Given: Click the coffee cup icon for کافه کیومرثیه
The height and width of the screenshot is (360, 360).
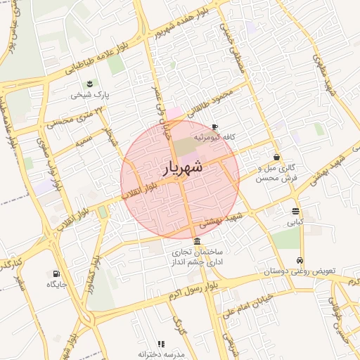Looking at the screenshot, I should pyautogui.click(x=214, y=127).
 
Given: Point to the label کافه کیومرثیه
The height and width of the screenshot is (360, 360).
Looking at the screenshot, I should pyautogui.click(x=214, y=138).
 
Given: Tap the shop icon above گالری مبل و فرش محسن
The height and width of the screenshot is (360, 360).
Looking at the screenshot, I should pyautogui.click(x=277, y=157).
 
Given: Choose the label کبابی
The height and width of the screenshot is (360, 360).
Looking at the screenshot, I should pyautogui.click(x=295, y=222).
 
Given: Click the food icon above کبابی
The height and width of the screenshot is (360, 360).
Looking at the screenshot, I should pyautogui.click(x=295, y=211).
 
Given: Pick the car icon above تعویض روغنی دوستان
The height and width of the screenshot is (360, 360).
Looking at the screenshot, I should pyautogui.click(x=300, y=259).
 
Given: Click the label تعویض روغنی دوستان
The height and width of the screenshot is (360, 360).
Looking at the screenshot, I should pyautogui.click(x=300, y=271).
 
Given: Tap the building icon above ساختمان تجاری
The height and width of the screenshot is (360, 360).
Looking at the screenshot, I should pyautogui.click(x=195, y=241).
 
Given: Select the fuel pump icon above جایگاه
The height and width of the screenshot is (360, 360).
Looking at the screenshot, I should pyautogui.click(x=56, y=274).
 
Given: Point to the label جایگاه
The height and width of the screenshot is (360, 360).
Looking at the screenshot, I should pyautogui.click(x=56, y=284).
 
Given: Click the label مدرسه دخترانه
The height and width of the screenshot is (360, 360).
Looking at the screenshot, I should pyautogui.click(x=161, y=354).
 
